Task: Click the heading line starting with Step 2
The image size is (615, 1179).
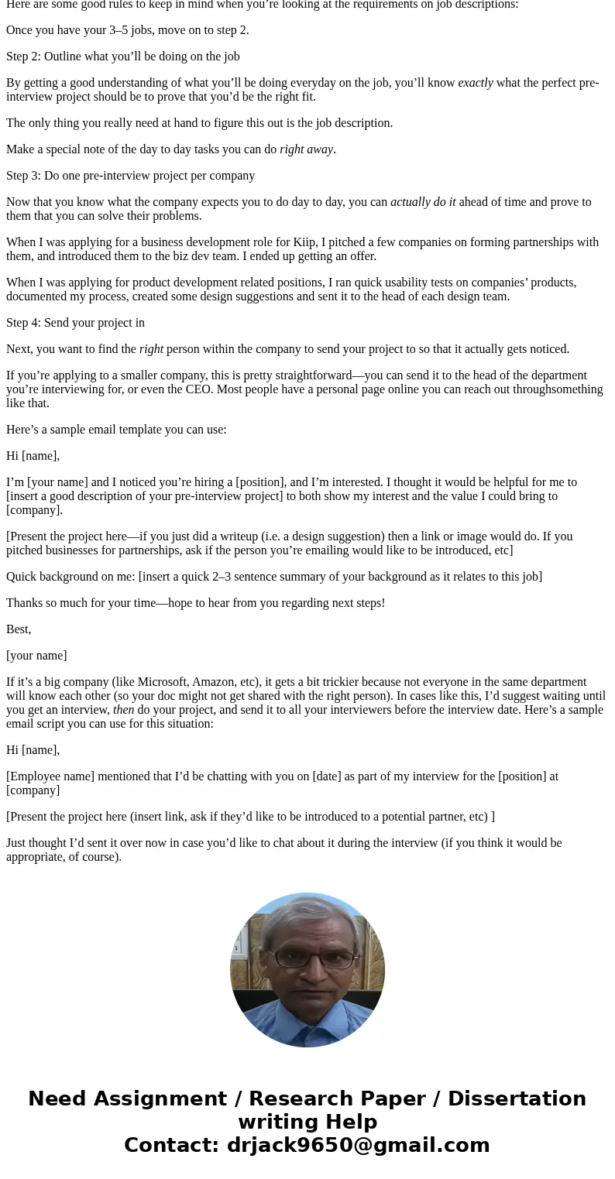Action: click(122, 57)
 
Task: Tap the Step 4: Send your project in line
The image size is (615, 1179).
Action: click(75, 323)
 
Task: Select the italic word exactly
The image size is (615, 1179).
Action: click(476, 83)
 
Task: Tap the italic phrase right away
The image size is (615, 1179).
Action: click(307, 149)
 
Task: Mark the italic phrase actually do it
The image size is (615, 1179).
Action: click(423, 202)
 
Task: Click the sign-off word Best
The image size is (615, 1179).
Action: click(17, 629)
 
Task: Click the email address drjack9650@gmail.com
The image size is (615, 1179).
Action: click(358, 1145)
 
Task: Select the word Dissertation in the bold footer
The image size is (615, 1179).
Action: click(517, 1098)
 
